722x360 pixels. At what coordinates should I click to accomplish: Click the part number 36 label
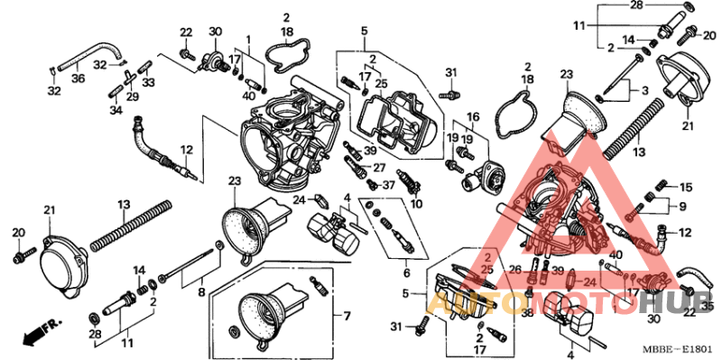pyautogui.click(x=79, y=78)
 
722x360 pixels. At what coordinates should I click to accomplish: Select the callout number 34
pyautogui.click(x=115, y=110)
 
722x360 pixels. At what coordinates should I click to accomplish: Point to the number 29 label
pyautogui.click(x=132, y=96)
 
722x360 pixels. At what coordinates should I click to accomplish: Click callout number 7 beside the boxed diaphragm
pyautogui.click(x=344, y=316)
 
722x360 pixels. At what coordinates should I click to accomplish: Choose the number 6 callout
pyautogui.click(x=406, y=273)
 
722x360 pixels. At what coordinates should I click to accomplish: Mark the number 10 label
pyautogui.click(x=416, y=205)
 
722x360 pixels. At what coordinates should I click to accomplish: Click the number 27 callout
pyautogui.click(x=379, y=168)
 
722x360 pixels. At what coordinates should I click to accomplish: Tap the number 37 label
pyautogui.click(x=389, y=185)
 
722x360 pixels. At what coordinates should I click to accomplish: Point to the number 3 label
pyautogui.click(x=645, y=91)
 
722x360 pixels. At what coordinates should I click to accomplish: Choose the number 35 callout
pyautogui.click(x=707, y=307)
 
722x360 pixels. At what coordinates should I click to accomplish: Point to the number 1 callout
pyautogui.click(x=248, y=41)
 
